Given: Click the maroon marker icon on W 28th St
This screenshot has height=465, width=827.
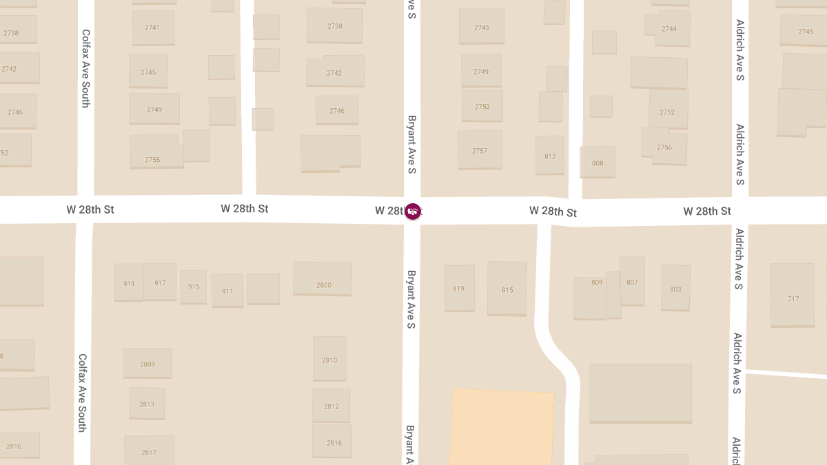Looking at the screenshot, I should coord(413,211).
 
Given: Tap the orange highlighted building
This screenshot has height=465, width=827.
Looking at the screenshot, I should coord(502,427).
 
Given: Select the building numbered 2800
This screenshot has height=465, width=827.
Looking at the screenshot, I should coord(323,285).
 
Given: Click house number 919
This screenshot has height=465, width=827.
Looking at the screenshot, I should coord(129,283).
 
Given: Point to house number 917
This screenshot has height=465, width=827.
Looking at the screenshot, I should coord(160,282).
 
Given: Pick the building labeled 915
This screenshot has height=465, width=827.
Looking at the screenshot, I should coord(194,287).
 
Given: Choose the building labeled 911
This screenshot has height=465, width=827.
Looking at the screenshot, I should coord(227,291).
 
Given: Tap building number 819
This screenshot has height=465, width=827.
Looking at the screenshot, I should coord(459,288).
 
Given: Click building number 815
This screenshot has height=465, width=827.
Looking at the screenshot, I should coord(507,289).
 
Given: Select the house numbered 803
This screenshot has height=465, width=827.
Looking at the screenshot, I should coord(675,289).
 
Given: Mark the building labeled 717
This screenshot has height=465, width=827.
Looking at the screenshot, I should coord(793,298).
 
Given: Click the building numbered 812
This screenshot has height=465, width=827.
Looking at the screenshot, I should coord(550,156).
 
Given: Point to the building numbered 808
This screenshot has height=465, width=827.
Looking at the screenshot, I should coord(598,163).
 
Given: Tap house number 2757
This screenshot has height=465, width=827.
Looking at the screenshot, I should coord(480,150).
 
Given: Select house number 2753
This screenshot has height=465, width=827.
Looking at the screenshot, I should coord(482,106).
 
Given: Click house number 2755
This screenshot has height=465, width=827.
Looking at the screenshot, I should coord(152,159).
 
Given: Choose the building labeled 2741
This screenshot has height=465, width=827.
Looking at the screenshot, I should coord(152,28).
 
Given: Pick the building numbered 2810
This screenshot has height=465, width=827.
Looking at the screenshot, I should coord(329,360).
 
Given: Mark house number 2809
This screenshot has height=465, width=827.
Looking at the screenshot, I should coord(147,364).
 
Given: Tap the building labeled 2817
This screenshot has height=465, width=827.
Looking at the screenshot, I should coord(149,452).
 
